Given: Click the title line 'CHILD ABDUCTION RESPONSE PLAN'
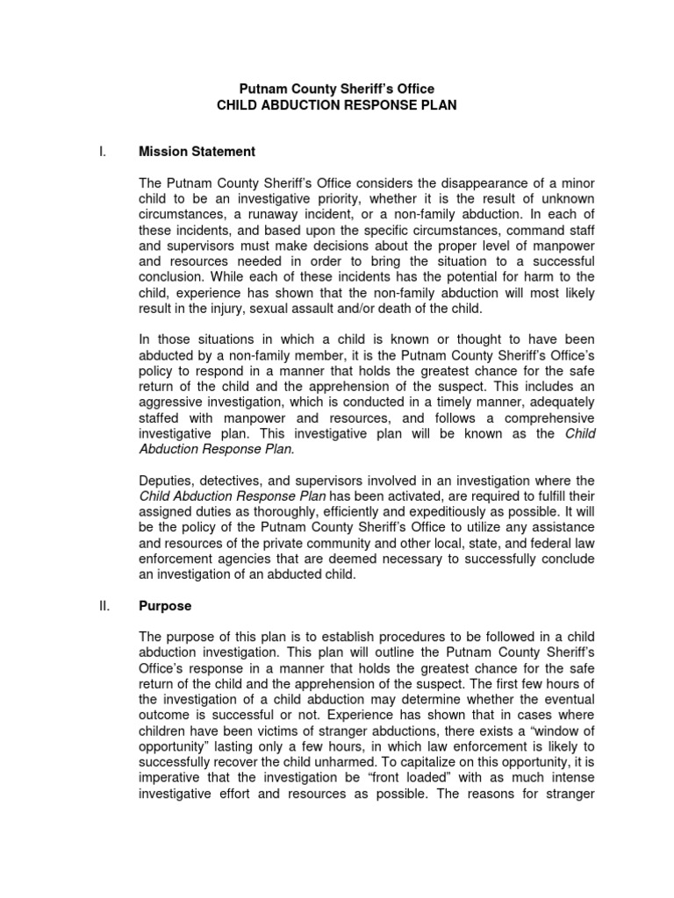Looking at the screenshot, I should (x=337, y=105).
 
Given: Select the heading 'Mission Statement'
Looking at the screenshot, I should (x=197, y=152).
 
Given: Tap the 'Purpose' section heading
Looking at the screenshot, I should (x=165, y=606).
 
